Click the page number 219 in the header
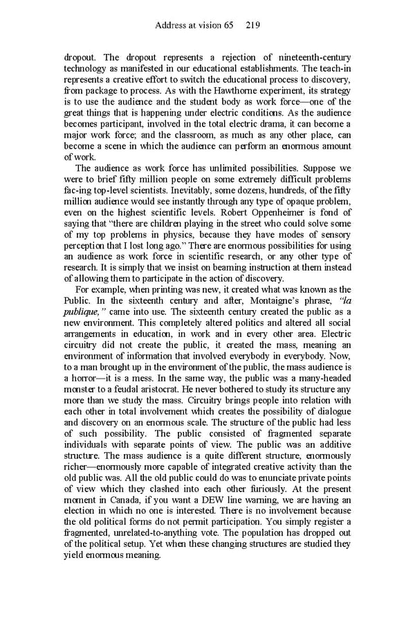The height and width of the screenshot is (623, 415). pos(252,26)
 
